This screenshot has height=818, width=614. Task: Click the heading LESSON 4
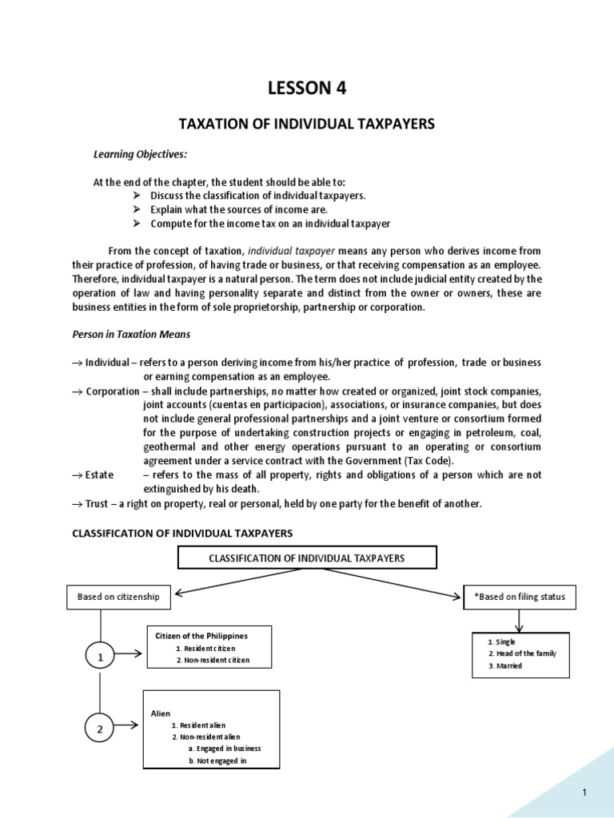(x=306, y=89)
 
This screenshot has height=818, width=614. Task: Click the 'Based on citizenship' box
(x=118, y=596)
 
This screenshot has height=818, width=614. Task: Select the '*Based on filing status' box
(x=519, y=596)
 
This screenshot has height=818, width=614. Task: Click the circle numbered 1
(x=100, y=657)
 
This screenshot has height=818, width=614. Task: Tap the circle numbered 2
(x=100, y=728)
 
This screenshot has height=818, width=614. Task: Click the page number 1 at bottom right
(x=585, y=792)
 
